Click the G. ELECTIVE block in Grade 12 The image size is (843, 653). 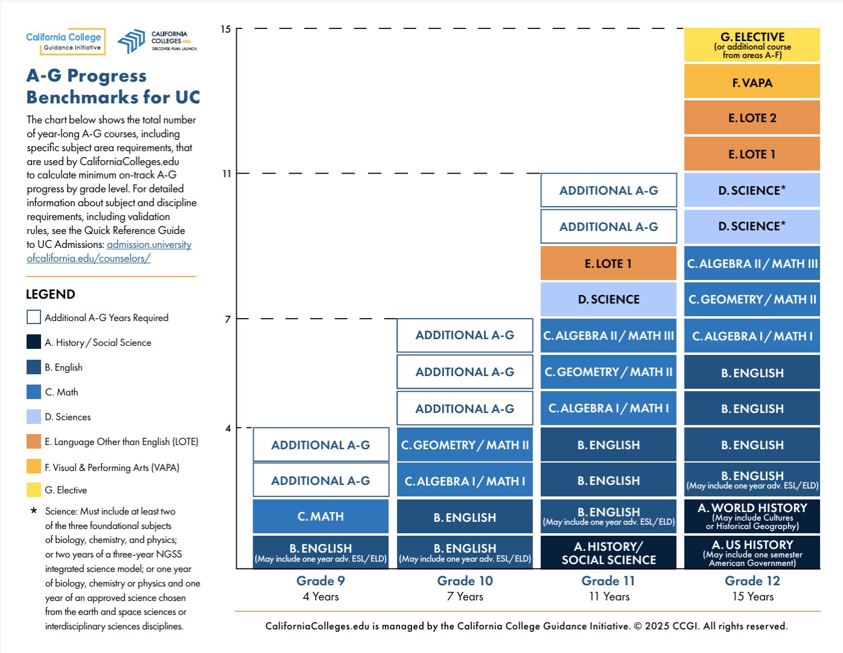point(752,45)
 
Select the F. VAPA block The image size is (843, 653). point(752,82)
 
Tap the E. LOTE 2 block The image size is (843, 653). point(752,118)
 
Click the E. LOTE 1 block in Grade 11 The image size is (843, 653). point(608,264)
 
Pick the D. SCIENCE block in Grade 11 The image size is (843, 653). point(608,299)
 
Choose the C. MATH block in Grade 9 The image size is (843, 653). point(320,516)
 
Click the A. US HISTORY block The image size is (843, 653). point(752,553)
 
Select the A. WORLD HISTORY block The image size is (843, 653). point(752,516)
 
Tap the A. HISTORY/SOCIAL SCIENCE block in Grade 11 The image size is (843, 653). point(608,553)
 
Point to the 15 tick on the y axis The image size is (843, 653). point(225,29)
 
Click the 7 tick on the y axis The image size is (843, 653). point(228,319)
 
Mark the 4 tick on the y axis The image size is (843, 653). point(228,428)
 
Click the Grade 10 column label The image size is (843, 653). point(465,581)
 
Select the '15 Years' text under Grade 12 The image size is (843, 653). point(752,597)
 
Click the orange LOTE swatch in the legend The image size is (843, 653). point(34,441)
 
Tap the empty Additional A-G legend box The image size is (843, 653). point(34,317)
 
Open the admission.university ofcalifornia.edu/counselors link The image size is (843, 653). point(149,245)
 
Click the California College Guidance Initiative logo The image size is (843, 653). point(65,41)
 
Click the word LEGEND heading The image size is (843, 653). point(51,294)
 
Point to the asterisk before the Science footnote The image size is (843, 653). point(34,512)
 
